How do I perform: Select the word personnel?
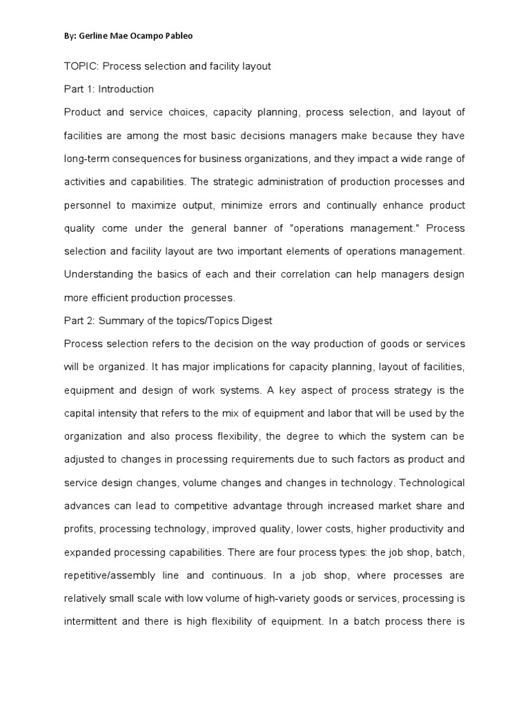86,205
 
